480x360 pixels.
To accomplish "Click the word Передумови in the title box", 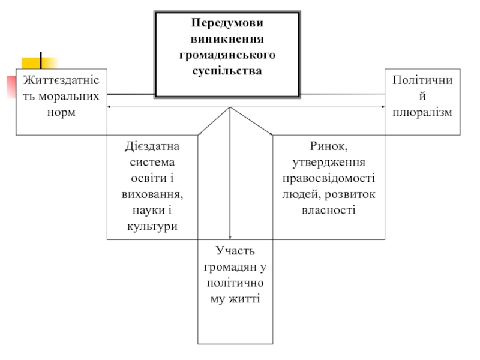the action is [227, 23].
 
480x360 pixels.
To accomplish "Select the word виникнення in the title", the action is [227, 39].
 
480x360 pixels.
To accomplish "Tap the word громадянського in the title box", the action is [227, 55].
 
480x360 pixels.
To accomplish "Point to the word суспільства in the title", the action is [227, 71].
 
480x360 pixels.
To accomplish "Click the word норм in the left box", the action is [61, 112].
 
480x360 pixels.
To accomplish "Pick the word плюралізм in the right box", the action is [422, 112].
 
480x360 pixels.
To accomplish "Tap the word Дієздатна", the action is [152, 146].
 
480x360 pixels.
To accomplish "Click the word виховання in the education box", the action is [151, 194].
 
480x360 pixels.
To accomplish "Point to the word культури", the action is [152, 227].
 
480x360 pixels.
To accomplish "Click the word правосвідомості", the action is [328, 178].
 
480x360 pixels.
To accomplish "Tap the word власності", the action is [328, 211].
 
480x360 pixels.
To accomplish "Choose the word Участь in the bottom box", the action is [235, 251].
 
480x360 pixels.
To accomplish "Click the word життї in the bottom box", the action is [244, 299].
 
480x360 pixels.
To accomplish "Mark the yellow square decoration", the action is [40, 63].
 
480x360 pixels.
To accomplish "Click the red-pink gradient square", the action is [11, 87].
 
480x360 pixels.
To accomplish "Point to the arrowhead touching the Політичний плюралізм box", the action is [383, 107].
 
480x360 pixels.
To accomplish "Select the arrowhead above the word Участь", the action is [230, 237].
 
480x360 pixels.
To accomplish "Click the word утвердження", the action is [328, 163].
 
